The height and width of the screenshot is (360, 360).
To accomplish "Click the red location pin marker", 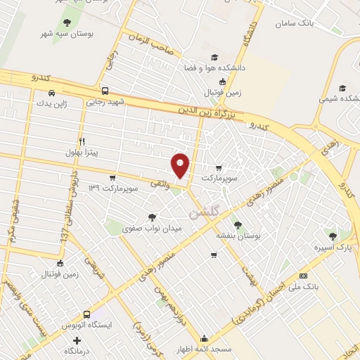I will point(181,165).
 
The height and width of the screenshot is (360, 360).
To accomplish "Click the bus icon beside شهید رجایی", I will point(105,91).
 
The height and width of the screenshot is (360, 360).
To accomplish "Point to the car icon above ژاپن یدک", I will point(52,93).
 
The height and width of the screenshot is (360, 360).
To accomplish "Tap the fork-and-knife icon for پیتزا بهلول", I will point(82,141).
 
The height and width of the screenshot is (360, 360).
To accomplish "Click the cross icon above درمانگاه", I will point(86,340).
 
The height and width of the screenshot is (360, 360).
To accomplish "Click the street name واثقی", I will point(160,183).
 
